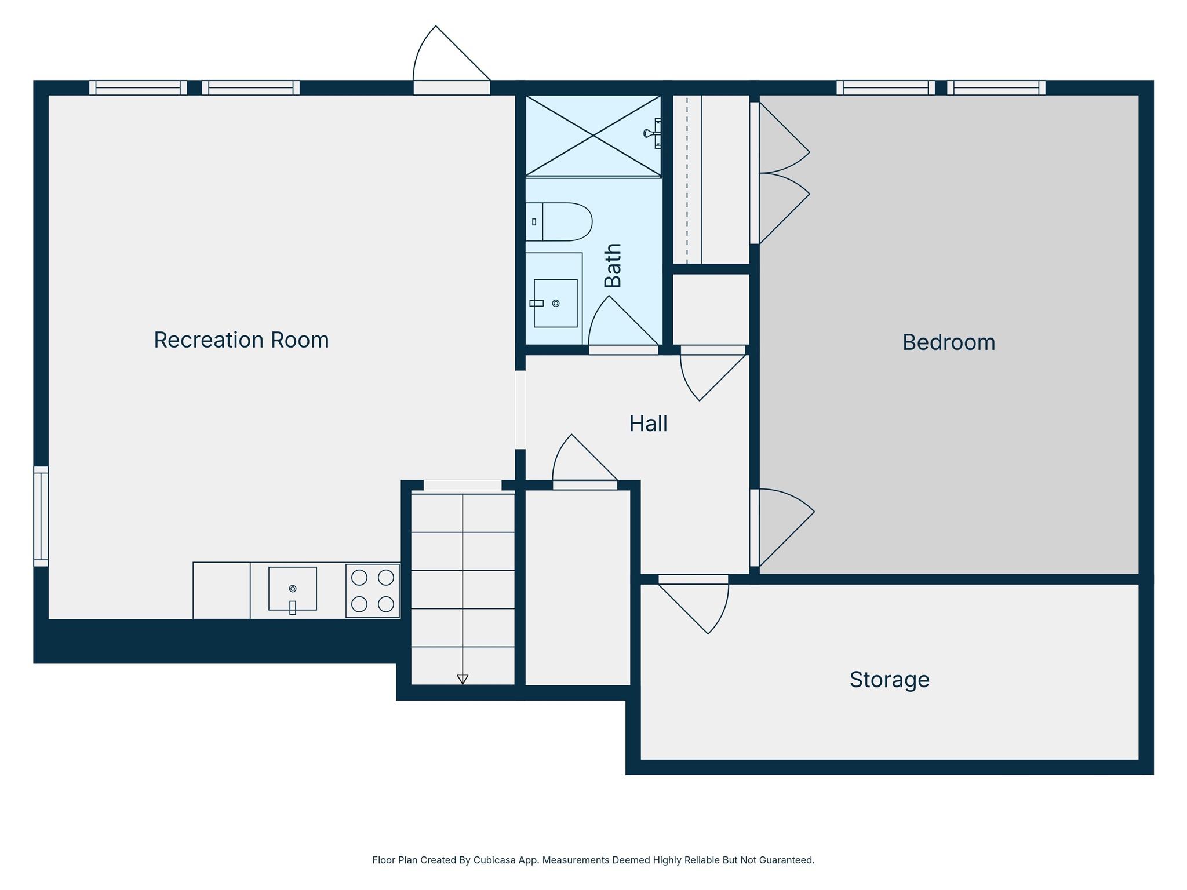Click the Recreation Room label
point(241,340)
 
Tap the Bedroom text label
point(949,342)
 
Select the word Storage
point(889,680)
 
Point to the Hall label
point(648,424)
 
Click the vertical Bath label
point(613,265)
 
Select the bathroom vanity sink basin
point(555,303)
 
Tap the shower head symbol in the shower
point(651,134)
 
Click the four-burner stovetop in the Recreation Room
point(373,590)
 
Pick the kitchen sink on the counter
point(293,589)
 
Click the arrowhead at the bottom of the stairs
point(463,679)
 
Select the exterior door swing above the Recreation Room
point(443,58)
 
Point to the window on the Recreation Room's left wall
point(41,516)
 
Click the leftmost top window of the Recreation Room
point(138,87)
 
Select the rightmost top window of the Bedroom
point(996,87)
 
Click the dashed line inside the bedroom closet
point(687,180)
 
